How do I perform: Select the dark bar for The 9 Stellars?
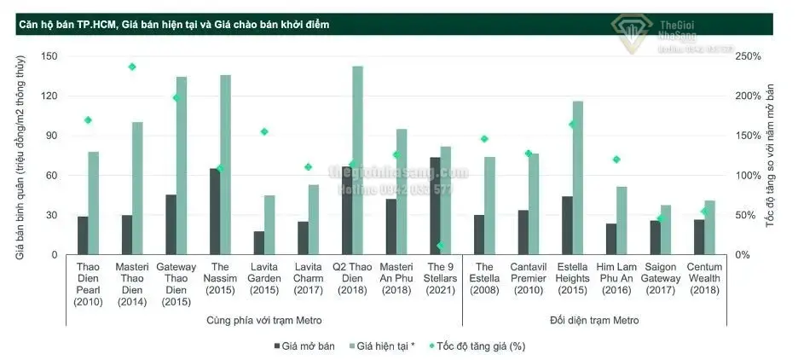pyautogui.click(x=435, y=206)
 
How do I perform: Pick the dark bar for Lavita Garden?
pyautogui.click(x=259, y=242)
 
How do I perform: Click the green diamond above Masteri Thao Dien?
pyautogui.click(x=132, y=67)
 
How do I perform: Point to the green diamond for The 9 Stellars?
pyautogui.click(x=440, y=246)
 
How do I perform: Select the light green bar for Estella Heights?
pyautogui.click(x=578, y=177)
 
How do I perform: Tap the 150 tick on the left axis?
pyautogui.click(x=49, y=56)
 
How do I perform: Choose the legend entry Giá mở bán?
pyautogui.click(x=304, y=346)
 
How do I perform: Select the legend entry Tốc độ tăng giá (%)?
pyautogui.click(x=480, y=346)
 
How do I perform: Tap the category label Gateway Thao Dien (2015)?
pyautogui.click(x=176, y=284)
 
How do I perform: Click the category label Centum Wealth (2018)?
pyautogui.click(x=704, y=284)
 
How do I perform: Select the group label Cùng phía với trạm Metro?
pyautogui.click(x=264, y=320)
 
